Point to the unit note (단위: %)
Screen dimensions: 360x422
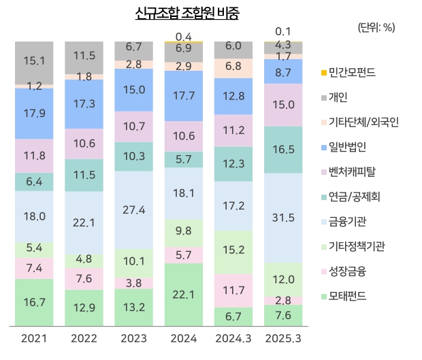tap(375, 27)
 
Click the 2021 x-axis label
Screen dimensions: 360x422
tap(34, 338)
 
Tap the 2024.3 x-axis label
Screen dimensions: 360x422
tap(233, 338)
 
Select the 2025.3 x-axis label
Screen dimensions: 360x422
tap(283, 338)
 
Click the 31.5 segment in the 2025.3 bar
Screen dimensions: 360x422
tap(283, 218)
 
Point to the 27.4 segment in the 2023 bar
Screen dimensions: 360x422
tap(134, 210)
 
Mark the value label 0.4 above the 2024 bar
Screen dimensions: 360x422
tap(183, 36)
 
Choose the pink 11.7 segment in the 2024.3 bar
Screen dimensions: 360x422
tap(233, 290)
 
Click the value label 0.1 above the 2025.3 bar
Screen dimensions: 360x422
tap(283, 31)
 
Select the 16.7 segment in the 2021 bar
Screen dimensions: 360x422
tap(34, 301)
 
